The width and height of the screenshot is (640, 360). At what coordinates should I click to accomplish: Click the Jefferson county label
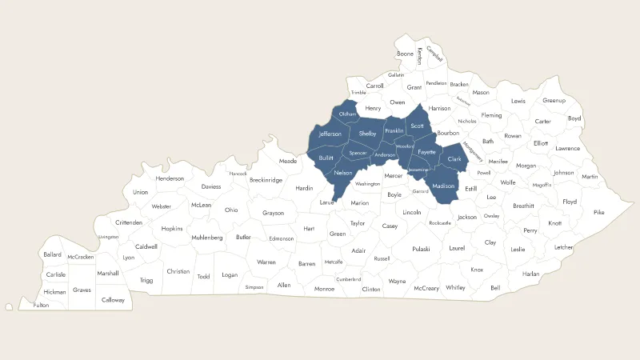(330, 134)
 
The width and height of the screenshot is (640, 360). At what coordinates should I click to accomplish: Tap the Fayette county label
(426, 152)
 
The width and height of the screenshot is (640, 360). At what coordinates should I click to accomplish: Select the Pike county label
(599, 212)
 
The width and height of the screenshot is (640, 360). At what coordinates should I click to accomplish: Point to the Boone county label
(406, 54)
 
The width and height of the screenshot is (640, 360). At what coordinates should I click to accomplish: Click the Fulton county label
(41, 305)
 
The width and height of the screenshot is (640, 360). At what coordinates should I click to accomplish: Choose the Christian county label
(178, 271)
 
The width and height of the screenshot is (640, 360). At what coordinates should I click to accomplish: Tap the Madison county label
(443, 186)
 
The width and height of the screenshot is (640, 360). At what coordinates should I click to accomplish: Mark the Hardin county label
(304, 188)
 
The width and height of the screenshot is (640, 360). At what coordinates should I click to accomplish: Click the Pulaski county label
(421, 249)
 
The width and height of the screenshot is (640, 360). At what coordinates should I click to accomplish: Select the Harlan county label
(531, 274)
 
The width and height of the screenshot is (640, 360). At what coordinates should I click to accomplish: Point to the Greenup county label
(554, 101)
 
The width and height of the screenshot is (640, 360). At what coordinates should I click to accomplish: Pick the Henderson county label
(170, 178)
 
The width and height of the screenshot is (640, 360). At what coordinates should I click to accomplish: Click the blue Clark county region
(454, 160)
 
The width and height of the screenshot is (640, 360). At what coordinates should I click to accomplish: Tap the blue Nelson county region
(343, 174)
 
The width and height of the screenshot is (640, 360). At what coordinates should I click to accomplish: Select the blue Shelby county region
(367, 134)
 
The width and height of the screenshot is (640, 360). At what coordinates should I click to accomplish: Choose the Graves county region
(81, 290)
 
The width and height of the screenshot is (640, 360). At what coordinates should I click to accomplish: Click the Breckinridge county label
(266, 180)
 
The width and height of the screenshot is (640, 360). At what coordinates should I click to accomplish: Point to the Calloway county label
(113, 299)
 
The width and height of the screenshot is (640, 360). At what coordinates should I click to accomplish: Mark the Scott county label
(417, 126)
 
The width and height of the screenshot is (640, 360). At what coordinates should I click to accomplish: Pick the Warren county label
(266, 262)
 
